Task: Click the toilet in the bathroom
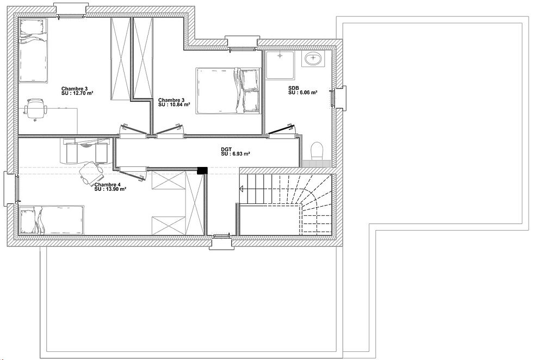tap(317, 151)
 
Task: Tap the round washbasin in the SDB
tap(313, 59)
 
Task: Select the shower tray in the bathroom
tap(280, 65)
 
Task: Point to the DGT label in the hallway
tap(226, 149)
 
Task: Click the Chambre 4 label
tap(108, 184)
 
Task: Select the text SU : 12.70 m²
tap(77, 93)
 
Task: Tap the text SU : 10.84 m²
tap(174, 104)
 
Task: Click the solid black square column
tap(202, 171)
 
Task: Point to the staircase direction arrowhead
tap(241, 189)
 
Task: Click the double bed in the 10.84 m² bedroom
tap(228, 90)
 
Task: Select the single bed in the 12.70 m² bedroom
tap(33, 51)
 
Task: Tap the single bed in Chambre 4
tap(51, 220)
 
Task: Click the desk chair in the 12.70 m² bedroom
tap(35, 109)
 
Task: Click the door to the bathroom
tap(282, 131)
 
